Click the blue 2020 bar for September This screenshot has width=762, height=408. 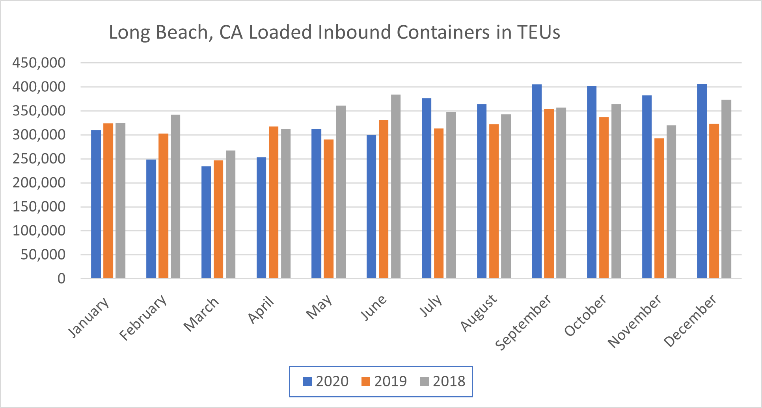(x=537, y=182)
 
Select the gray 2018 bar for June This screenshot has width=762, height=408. (x=395, y=187)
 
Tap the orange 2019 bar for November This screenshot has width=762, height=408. (x=659, y=208)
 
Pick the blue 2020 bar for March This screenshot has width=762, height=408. (x=206, y=223)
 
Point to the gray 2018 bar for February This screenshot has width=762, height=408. (x=175, y=197)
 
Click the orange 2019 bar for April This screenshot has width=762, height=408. (x=274, y=202)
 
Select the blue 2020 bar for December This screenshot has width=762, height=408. (x=702, y=181)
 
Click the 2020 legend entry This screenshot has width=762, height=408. (x=326, y=381)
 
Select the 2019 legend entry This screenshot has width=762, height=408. (x=384, y=381)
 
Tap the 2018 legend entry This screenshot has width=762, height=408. (x=442, y=381)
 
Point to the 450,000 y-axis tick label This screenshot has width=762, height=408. (x=39, y=63)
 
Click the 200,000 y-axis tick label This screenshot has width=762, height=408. (x=39, y=183)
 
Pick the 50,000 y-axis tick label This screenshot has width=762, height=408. (x=43, y=255)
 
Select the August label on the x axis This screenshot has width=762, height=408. (x=479, y=313)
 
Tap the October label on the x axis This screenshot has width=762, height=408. (x=585, y=315)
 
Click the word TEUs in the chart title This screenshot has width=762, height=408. (x=538, y=32)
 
